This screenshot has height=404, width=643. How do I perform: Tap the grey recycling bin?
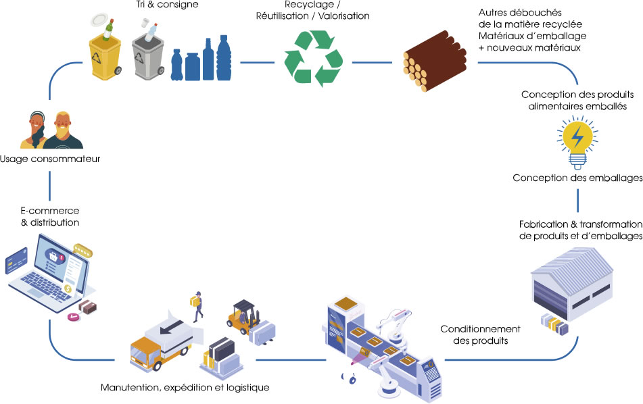coord(149,57)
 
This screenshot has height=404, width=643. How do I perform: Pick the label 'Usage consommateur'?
coord(50,159)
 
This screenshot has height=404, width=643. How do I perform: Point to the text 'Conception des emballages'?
coord(577,178)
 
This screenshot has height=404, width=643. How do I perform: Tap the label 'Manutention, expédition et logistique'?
coord(185,388)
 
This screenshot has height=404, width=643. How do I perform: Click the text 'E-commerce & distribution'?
coord(50,216)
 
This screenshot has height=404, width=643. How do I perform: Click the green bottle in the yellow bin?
coord(107,29)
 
